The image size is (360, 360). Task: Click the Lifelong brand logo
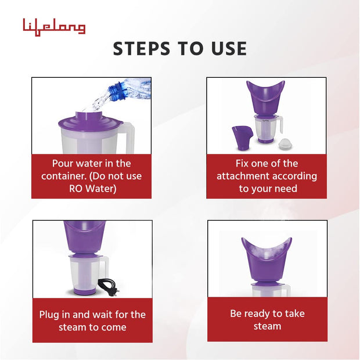click(54, 27)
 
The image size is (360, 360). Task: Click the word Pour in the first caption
click(63, 164)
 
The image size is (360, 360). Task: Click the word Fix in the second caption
click(243, 163)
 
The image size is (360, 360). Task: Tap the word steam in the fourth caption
click(267, 326)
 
